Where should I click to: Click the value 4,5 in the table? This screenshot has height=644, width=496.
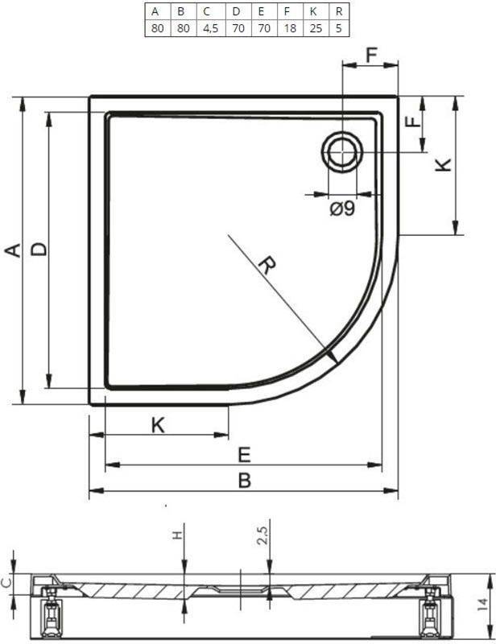pos(211,28)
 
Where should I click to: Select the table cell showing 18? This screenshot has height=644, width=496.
pos(290,28)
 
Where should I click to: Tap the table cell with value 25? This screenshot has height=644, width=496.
pos(316,28)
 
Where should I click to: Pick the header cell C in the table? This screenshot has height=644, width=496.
pos(207,11)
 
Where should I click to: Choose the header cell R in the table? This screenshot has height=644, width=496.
pos(339,11)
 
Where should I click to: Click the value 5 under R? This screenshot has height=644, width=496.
pos(339,28)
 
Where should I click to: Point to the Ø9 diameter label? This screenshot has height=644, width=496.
pos(342,209)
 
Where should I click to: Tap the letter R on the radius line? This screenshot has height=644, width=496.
pos(267,265)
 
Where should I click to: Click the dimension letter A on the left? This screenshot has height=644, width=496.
pos(13,250)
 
